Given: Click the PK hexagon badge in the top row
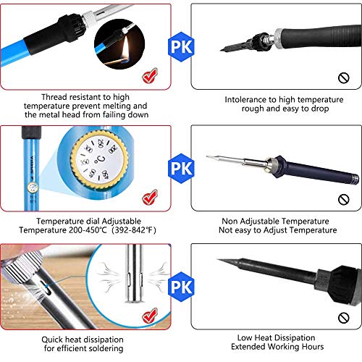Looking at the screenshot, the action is click(181, 47).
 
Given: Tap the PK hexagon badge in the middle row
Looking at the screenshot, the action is click(181, 168).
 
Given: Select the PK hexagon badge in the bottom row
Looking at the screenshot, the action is click(181, 287).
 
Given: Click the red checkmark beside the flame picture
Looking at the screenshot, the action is click(150, 76).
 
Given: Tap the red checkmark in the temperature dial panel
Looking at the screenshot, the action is click(150, 198).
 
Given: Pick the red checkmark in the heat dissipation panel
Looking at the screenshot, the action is click(150, 316).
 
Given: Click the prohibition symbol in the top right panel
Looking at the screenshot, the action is click(344, 78).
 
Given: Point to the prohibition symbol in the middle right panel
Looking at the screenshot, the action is click(344, 200).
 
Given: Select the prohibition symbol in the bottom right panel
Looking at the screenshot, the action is click(344, 318).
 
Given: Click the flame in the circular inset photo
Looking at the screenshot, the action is click(125, 49).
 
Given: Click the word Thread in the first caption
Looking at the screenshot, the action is click(54, 97).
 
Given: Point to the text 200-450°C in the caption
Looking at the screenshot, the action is click(88, 230).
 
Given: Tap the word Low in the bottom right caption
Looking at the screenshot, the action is click(245, 337).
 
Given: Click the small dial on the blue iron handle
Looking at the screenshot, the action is click(32, 188).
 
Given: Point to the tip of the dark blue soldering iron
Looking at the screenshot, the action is click(207, 156).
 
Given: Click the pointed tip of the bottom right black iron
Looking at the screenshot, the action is click(218, 259).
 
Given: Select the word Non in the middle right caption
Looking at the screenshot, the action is click(230, 221).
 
